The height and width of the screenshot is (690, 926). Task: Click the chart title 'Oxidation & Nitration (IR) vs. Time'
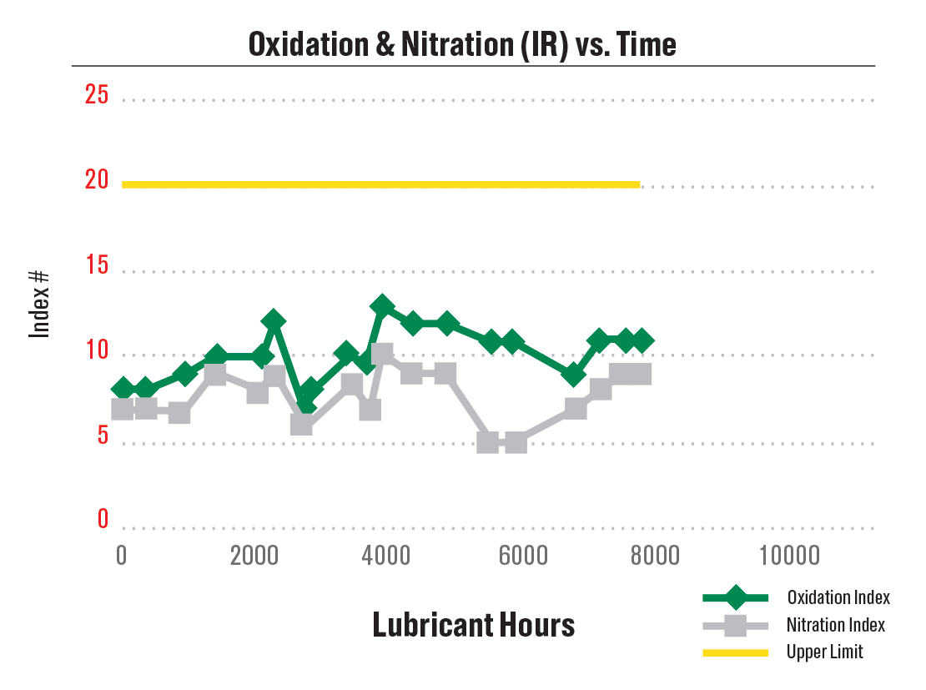[x=462, y=44]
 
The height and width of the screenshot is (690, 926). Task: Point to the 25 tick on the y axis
[x=97, y=95]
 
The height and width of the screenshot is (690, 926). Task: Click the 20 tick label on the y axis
[x=97, y=180]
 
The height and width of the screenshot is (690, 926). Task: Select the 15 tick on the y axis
[x=97, y=266]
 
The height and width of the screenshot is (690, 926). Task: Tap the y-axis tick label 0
[x=103, y=519]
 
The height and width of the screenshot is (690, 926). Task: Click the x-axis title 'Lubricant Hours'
[x=473, y=624]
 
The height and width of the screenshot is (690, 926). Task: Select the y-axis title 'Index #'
[x=40, y=305]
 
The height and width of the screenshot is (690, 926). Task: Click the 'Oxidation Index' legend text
[x=838, y=597]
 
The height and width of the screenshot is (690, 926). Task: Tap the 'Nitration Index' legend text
[x=835, y=624]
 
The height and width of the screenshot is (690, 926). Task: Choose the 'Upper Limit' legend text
[x=824, y=652]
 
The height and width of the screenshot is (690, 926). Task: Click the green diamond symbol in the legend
[x=735, y=597]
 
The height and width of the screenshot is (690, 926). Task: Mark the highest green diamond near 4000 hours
[x=383, y=307]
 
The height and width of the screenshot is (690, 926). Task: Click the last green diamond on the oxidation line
[x=641, y=340]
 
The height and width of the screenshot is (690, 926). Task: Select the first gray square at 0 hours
[x=123, y=409]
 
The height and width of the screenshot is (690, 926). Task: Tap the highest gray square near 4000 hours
[x=382, y=355]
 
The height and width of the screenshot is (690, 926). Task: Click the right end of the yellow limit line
[x=638, y=184]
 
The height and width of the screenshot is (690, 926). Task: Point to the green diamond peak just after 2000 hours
[x=273, y=321]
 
